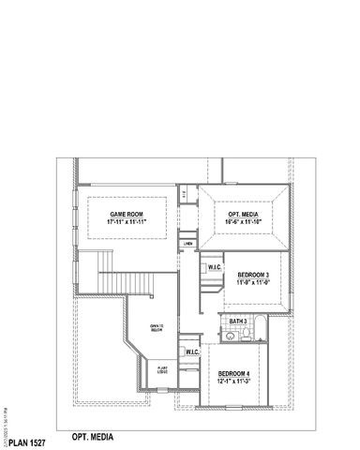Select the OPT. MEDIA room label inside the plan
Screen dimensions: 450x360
pos(244,214)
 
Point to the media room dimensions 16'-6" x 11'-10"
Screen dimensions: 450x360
pos(244,222)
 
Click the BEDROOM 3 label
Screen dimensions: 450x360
pos(252,274)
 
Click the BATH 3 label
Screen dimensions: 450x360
pos(237,321)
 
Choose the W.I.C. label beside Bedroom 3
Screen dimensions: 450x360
pos(214,267)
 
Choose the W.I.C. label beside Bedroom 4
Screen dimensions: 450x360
pos(193,352)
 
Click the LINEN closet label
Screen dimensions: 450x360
pos(188,243)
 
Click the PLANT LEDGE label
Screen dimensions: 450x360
pos(163,370)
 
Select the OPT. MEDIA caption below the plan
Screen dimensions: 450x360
pos(92,436)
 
